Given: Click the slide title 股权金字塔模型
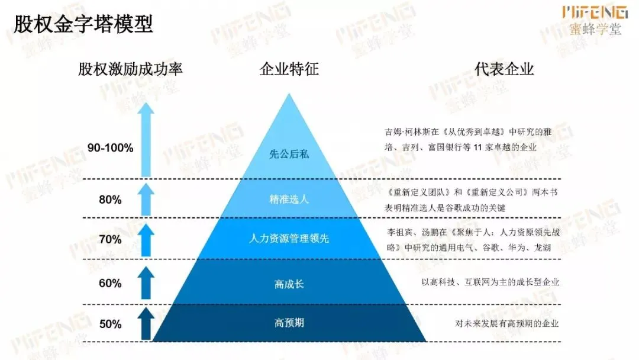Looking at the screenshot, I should tap(83, 24).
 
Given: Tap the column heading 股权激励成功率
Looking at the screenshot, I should tap(130, 69).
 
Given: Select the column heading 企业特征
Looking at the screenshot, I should tap(289, 69).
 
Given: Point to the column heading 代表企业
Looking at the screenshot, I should tap(504, 69).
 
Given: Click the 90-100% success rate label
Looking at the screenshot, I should tap(110, 148).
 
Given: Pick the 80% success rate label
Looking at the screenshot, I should tap(110, 200).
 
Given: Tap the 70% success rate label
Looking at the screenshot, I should tap(110, 239).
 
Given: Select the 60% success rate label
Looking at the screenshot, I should tap(110, 283).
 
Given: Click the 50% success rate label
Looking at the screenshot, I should tap(110, 324).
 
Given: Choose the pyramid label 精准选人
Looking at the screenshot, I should tap(289, 199).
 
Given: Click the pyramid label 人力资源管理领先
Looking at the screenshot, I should tap(289, 239).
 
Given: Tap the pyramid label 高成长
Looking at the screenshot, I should tap(289, 284).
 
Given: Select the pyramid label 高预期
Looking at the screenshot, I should tap(289, 323).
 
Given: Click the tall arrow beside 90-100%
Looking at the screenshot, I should tap(146, 140).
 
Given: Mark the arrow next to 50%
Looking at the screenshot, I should tap(146, 324).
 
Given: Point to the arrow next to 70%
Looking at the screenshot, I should tap(146, 239).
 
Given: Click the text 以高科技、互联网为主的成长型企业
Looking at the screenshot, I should tap(490, 282).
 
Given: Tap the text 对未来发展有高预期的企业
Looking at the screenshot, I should tap(506, 323).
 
